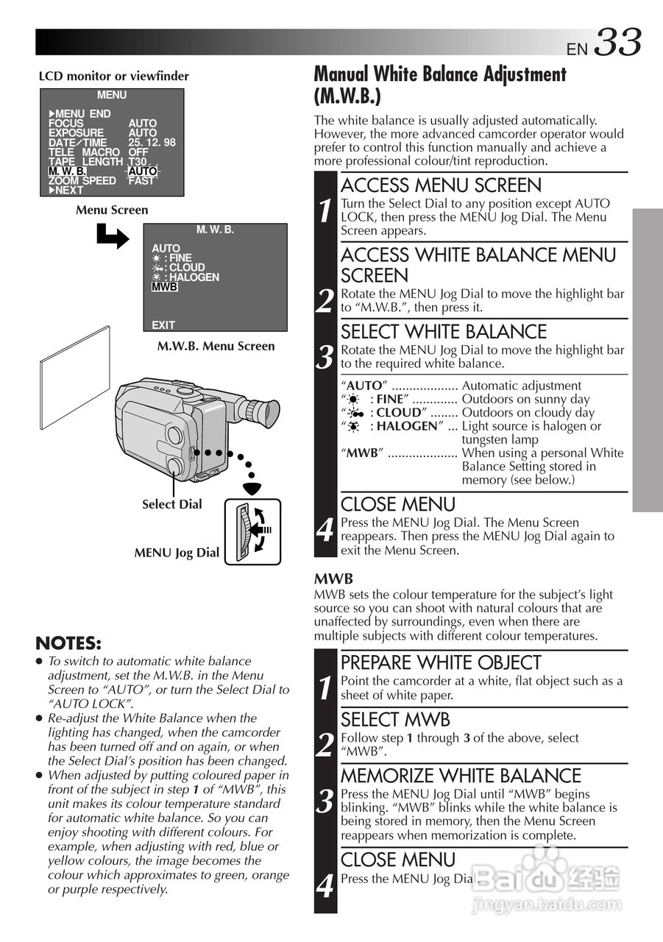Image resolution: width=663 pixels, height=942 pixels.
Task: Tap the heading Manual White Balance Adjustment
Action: coord(440,74)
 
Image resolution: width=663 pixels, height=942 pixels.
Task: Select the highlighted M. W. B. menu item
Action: coord(67,171)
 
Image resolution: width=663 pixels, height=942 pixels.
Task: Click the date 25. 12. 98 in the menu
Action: coord(152,143)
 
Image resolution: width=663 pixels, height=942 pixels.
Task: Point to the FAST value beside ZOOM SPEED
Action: coord(141,181)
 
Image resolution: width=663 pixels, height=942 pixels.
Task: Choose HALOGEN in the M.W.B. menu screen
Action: coord(194,277)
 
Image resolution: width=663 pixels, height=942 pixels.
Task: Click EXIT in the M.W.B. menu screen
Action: coord(163,325)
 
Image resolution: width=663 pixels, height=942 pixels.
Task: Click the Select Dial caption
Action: coord(171,504)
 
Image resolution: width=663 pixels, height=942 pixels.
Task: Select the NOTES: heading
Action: coord(68,643)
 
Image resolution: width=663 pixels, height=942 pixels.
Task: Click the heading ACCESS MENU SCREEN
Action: coord(441,185)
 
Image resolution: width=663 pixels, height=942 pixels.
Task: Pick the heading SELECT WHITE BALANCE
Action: coord(444,332)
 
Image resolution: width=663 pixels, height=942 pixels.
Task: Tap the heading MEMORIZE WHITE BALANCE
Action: coord(461,776)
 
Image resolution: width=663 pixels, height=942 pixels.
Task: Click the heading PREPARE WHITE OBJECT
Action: coord(441,662)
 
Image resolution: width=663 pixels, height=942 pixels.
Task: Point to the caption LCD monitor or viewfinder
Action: coord(113,76)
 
